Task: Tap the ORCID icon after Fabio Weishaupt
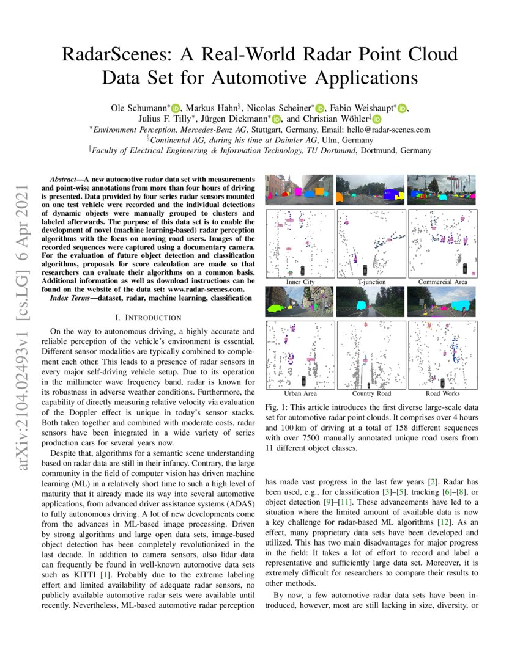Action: tap(402, 108)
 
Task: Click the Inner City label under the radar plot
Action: tap(300, 282)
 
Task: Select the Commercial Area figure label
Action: tap(443, 282)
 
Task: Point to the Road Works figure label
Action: tap(443, 393)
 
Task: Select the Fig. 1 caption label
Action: tap(278, 407)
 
